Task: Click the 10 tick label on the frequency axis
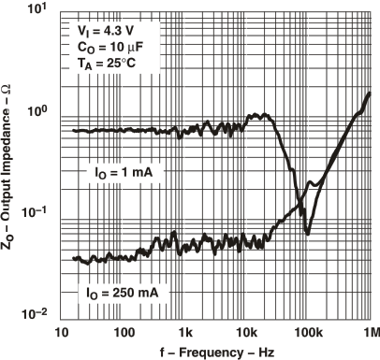pyautogui.click(x=63, y=332)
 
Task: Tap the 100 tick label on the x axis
pyautogui.click(x=124, y=332)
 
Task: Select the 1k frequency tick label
pyautogui.click(x=186, y=332)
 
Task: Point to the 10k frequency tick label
pyautogui.click(x=247, y=332)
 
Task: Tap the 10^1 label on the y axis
pyautogui.click(x=40, y=12)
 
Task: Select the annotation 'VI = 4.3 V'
pyautogui.click(x=108, y=32)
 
